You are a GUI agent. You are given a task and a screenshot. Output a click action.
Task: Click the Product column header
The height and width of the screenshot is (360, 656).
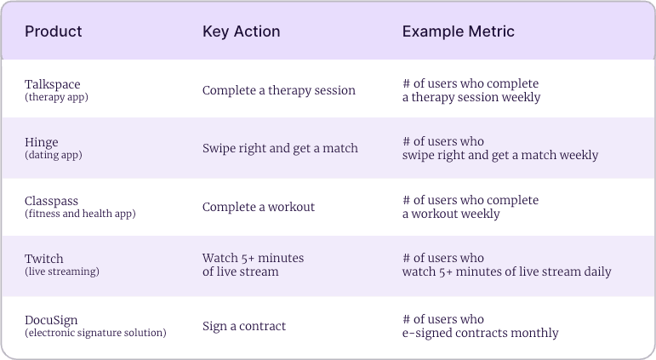click(x=54, y=31)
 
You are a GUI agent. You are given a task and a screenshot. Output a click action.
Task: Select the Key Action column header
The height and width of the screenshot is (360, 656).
click(x=242, y=31)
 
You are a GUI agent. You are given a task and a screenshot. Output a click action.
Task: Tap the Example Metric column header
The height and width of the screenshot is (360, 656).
click(x=459, y=31)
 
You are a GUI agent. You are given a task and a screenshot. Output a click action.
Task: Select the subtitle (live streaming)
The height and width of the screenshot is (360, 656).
click(x=62, y=271)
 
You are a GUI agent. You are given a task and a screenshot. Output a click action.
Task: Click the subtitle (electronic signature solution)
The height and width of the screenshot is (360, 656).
click(x=95, y=332)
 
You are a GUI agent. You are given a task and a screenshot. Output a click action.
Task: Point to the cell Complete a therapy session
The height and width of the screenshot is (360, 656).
click(x=278, y=90)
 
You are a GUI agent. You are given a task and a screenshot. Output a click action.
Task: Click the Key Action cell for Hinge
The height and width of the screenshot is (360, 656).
click(x=280, y=148)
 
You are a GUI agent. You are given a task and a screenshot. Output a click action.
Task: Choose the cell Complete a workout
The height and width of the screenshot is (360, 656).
click(x=259, y=207)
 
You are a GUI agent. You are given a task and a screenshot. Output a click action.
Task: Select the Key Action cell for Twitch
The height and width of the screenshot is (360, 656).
click(x=253, y=265)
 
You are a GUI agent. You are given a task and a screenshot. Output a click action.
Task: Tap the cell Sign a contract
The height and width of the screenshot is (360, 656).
click(x=244, y=325)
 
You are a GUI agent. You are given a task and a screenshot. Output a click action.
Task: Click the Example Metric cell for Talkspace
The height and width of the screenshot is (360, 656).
click(x=471, y=90)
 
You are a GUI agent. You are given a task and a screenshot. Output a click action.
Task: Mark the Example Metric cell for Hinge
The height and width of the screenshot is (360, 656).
click(x=500, y=148)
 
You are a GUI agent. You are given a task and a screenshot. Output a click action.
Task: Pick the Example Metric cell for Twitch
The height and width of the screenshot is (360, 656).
click(x=506, y=265)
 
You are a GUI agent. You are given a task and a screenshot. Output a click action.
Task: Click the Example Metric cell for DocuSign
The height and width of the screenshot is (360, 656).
click(x=480, y=325)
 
